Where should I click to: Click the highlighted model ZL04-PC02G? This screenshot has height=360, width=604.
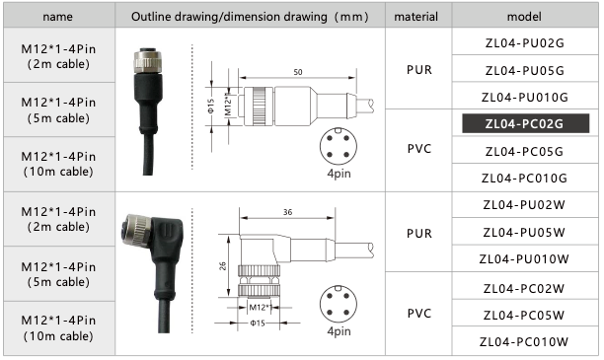point(525,123)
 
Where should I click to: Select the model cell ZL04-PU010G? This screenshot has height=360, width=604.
point(525,97)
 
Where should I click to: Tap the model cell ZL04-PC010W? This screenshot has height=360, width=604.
point(525,341)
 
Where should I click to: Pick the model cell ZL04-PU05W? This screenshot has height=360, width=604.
point(525,232)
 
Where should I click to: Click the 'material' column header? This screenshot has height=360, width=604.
point(416,17)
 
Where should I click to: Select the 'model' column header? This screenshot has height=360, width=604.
point(524,17)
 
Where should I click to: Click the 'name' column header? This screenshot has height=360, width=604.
point(58,17)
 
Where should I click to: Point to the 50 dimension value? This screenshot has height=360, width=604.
point(298,72)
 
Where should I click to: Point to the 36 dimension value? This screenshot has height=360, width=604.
point(288,212)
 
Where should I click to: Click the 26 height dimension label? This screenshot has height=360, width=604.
point(223,266)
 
